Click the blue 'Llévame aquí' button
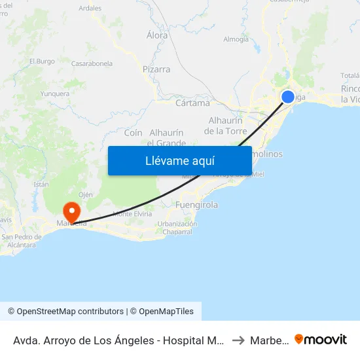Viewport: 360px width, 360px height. pyautogui.click(x=180, y=161)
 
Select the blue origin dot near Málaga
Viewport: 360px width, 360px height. pyautogui.click(x=288, y=97)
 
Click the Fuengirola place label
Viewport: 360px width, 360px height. pyautogui.click(x=197, y=205)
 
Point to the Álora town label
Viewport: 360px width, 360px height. pyautogui.click(x=157, y=36)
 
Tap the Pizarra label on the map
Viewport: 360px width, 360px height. pyautogui.click(x=156, y=69)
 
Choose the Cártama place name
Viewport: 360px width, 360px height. pyautogui.click(x=193, y=103)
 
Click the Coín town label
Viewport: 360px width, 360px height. pyautogui.click(x=134, y=132)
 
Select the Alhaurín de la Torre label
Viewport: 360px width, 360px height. pyautogui.click(x=226, y=126)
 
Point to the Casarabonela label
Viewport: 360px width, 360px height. pyautogui.click(x=92, y=63)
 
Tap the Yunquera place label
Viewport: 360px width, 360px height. pyautogui.click(x=55, y=94)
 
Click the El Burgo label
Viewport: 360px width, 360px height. pyautogui.click(x=42, y=62)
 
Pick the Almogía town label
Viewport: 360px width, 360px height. pyautogui.click(x=236, y=39)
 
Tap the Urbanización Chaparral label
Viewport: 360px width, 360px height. pyautogui.click(x=177, y=228)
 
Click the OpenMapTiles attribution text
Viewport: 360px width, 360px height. pyautogui.click(x=164, y=312)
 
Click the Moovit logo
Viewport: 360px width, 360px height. pyautogui.click(x=321, y=339)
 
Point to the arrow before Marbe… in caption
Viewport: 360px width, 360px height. pyautogui.click(x=238, y=340)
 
